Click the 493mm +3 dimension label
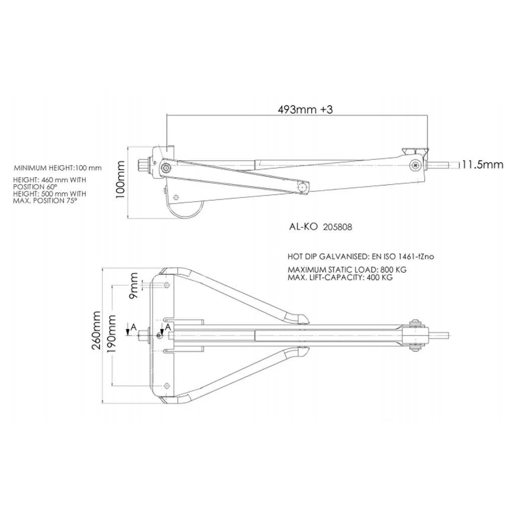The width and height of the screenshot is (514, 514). pos(305,109)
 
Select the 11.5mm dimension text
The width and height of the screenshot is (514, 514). pos(482,164)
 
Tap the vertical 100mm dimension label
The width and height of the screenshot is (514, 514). pos(120,179)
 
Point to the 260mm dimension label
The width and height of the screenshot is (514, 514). pos(96,330)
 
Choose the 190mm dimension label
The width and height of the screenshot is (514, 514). pos(112,334)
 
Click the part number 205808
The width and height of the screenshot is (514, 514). pos(337,227)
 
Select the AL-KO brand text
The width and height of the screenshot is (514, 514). pos(303,227)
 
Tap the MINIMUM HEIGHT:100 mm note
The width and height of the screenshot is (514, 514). pos(58,168)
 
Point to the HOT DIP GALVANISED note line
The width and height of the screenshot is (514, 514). pos(360,256)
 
